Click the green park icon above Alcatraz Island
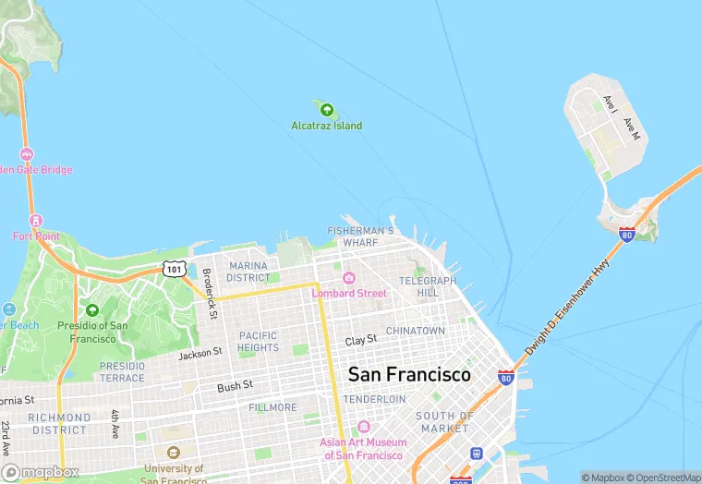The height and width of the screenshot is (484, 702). click(x=326, y=110)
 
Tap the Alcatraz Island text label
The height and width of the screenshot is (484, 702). click(x=326, y=126)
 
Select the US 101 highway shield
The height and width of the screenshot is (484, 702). click(x=174, y=269)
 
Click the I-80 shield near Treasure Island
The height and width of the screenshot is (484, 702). click(x=627, y=234)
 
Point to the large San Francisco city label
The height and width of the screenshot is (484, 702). click(x=408, y=374)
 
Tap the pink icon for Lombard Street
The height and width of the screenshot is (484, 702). click(x=349, y=278)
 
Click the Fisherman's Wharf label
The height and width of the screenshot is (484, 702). click(x=361, y=236)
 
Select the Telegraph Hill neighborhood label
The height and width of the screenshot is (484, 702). click(x=428, y=286)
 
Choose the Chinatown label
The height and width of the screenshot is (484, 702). click(x=415, y=331)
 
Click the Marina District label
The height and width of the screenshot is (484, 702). click(x=248, y=272)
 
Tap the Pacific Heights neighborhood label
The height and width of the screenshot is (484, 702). click(x=258, y=342)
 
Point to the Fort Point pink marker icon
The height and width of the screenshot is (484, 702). click(x=36, y=221)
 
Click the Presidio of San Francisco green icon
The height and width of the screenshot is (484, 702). click(x=91, y=310)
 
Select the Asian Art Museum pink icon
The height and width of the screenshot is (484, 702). click(x=363, y=428)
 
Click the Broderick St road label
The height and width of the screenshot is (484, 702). click(x=210, y=294)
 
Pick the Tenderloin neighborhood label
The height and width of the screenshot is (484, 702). click(x=374, y=399)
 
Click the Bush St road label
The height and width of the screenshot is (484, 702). click(x=235, y=387)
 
